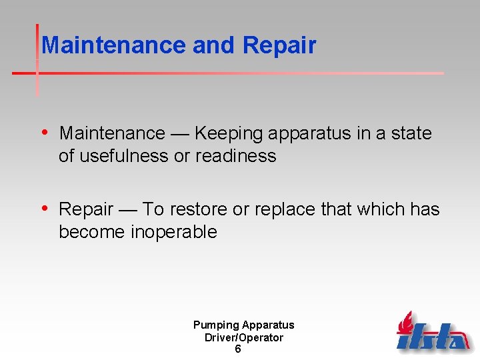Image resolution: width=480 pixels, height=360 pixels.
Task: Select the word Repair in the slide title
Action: click(279, 46)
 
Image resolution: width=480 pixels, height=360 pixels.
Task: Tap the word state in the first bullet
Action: click(411, 133)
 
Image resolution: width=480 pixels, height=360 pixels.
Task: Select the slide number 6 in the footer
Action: click(238, 349)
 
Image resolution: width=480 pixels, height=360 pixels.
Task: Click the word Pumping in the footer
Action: click(215, 325)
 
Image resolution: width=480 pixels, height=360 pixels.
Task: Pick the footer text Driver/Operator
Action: click(243, 337)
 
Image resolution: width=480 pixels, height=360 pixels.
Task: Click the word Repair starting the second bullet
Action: click(86, 209)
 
